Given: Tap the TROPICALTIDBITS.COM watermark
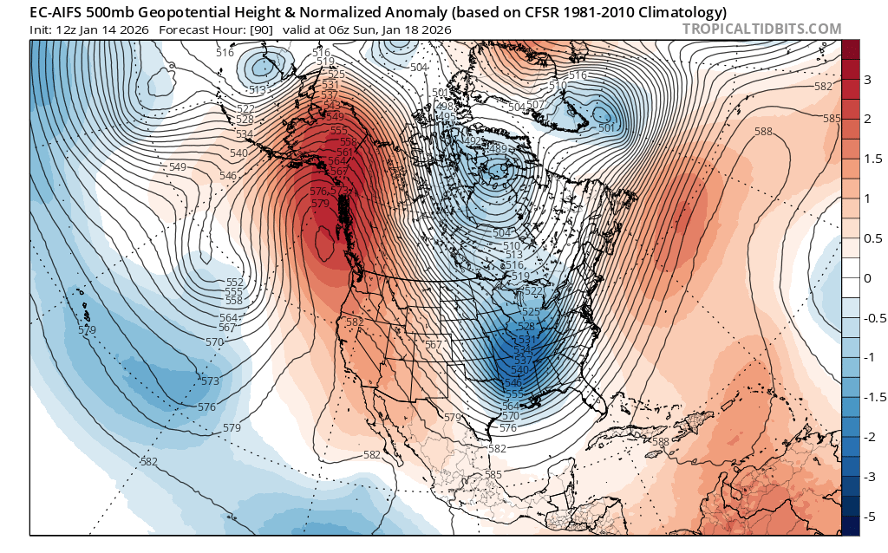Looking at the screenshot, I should (x=762, y=29).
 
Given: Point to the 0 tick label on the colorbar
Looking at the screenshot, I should (x=868, y=278).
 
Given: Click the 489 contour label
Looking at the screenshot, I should (x=496, y=149).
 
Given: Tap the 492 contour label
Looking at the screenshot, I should (x=473, y=140).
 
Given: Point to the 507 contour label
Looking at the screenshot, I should (x=535, y=105).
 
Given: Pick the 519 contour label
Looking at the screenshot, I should (x=520, y=276).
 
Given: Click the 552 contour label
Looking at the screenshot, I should (x=234, y=283).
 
